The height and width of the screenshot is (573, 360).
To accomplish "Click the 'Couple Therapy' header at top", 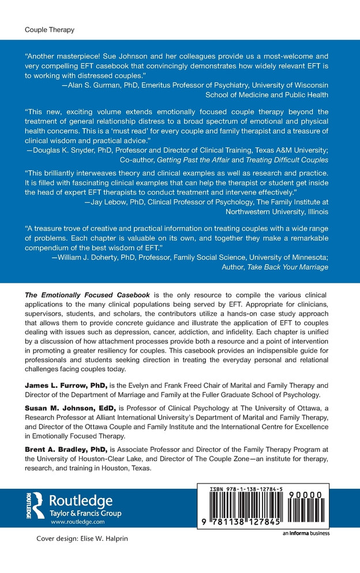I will (x=50, y=29).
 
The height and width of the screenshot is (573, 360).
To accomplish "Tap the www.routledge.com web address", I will (x=78, y=521).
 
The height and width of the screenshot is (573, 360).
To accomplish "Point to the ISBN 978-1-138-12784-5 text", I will (x=242, y=489).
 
